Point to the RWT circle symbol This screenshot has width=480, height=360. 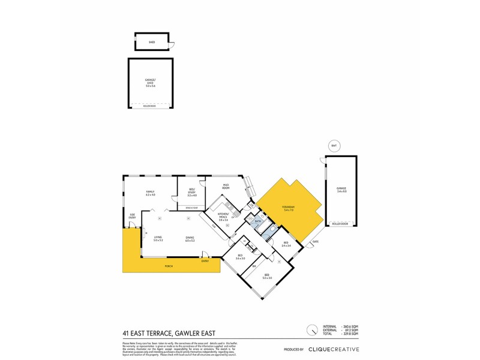(x=334, y=146)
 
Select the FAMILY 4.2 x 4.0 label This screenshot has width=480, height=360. (x=150, y=193)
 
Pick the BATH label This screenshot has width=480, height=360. (x=257, y=222)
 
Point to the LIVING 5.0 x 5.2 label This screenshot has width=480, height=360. (x=158, y=238)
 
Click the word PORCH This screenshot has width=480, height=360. (x=170, y=265)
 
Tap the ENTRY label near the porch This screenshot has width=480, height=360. (x=205, y=260)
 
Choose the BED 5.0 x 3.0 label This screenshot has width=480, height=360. (x=267, y=277)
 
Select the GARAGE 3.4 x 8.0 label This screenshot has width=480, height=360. (x=341, y=190)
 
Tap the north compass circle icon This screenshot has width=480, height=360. (x=311, y=330)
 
